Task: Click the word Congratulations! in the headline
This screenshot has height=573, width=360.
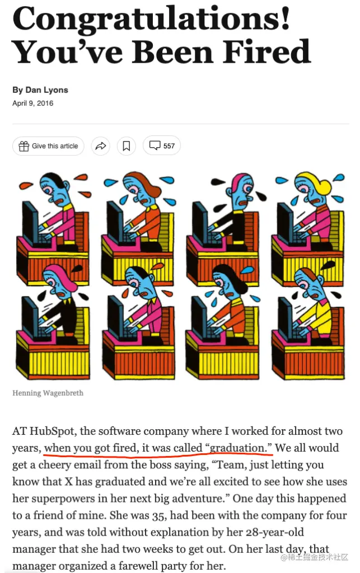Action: pyautogui.click(x=151, y=19)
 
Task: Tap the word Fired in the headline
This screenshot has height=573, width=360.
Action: pyautogui.click(x=267, y=52)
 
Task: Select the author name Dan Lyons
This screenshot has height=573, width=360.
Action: pyautogui.click(x=47, y=90)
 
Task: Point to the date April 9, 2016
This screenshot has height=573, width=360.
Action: pyautogui.click(x=33, y=104)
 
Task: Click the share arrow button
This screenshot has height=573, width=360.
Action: pyautogui.click(x=101, y=146)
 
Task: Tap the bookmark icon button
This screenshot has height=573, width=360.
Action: pyautogui.click(x=126, y=146)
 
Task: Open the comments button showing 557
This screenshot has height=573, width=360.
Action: pyautogui.click(x=162, y=145)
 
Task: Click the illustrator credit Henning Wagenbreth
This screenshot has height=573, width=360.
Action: pyautogui.click(x=48, y=393)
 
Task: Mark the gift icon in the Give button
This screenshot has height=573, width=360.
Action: pyautogui.click(x=24, y=146)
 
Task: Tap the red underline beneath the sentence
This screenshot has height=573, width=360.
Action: pyautogui.click(x=158, y=454)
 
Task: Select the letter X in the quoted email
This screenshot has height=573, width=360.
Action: pyautogui.click(x=69, y=482)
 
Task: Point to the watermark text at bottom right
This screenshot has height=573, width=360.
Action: pyautogui.click(x=314, y=557)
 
